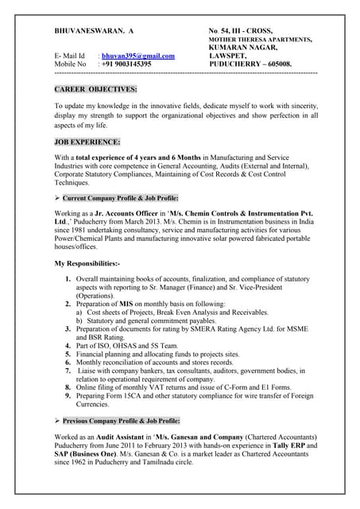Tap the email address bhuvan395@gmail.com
coord(137,55)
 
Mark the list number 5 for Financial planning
coord(68,353)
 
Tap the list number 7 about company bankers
coord(68,371)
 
